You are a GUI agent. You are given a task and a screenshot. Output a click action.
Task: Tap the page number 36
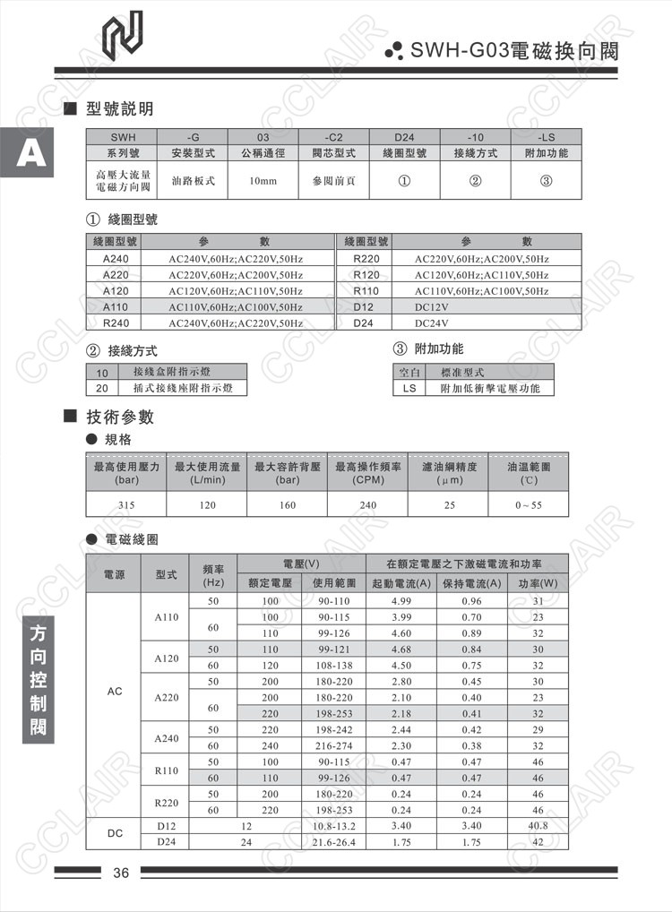[122, 873]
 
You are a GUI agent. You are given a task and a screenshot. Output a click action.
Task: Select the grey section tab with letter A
[30, 155]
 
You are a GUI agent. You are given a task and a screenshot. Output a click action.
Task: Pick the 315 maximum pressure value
[126, 505]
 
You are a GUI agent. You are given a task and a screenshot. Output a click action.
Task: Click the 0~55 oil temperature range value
[529, 505]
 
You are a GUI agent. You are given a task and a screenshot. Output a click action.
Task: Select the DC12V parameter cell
[431, 307]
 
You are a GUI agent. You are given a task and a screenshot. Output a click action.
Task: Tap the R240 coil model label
[116, 323]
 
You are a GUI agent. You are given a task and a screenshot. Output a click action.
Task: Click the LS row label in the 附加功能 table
[409, 388]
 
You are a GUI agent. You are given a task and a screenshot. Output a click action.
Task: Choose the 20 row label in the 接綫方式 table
[101, 388]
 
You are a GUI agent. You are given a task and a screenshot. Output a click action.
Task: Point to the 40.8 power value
[538, 825]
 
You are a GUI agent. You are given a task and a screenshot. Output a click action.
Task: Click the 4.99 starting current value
[401, 600]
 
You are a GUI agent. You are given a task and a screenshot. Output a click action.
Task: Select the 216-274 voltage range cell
[334, 745]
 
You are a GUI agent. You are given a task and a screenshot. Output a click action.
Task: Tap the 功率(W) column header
[538, 583]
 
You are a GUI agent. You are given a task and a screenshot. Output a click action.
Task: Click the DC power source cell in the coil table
[115, 833]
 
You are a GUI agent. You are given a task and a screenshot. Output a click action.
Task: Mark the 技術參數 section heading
[120, 417]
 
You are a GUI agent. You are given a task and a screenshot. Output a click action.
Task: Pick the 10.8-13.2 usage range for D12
[334, 825]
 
